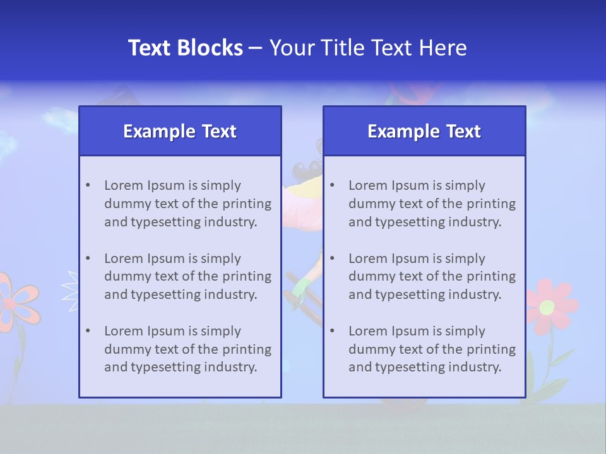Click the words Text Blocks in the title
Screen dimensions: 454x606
tap(185, 48)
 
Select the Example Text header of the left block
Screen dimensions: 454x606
tap(180, 131)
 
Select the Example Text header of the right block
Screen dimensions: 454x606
tap(424, 131)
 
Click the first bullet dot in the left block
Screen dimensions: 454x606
tap(88, 185)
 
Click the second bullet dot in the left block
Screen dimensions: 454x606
tap(88, 259)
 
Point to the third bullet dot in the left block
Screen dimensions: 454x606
tap(88, 331)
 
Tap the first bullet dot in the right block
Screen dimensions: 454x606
tap(332, 185)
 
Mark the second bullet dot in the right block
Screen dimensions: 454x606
tap(332, 259)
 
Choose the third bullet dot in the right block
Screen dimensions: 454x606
tap(332, 331)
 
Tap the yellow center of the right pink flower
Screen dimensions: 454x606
tap(547, 307)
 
